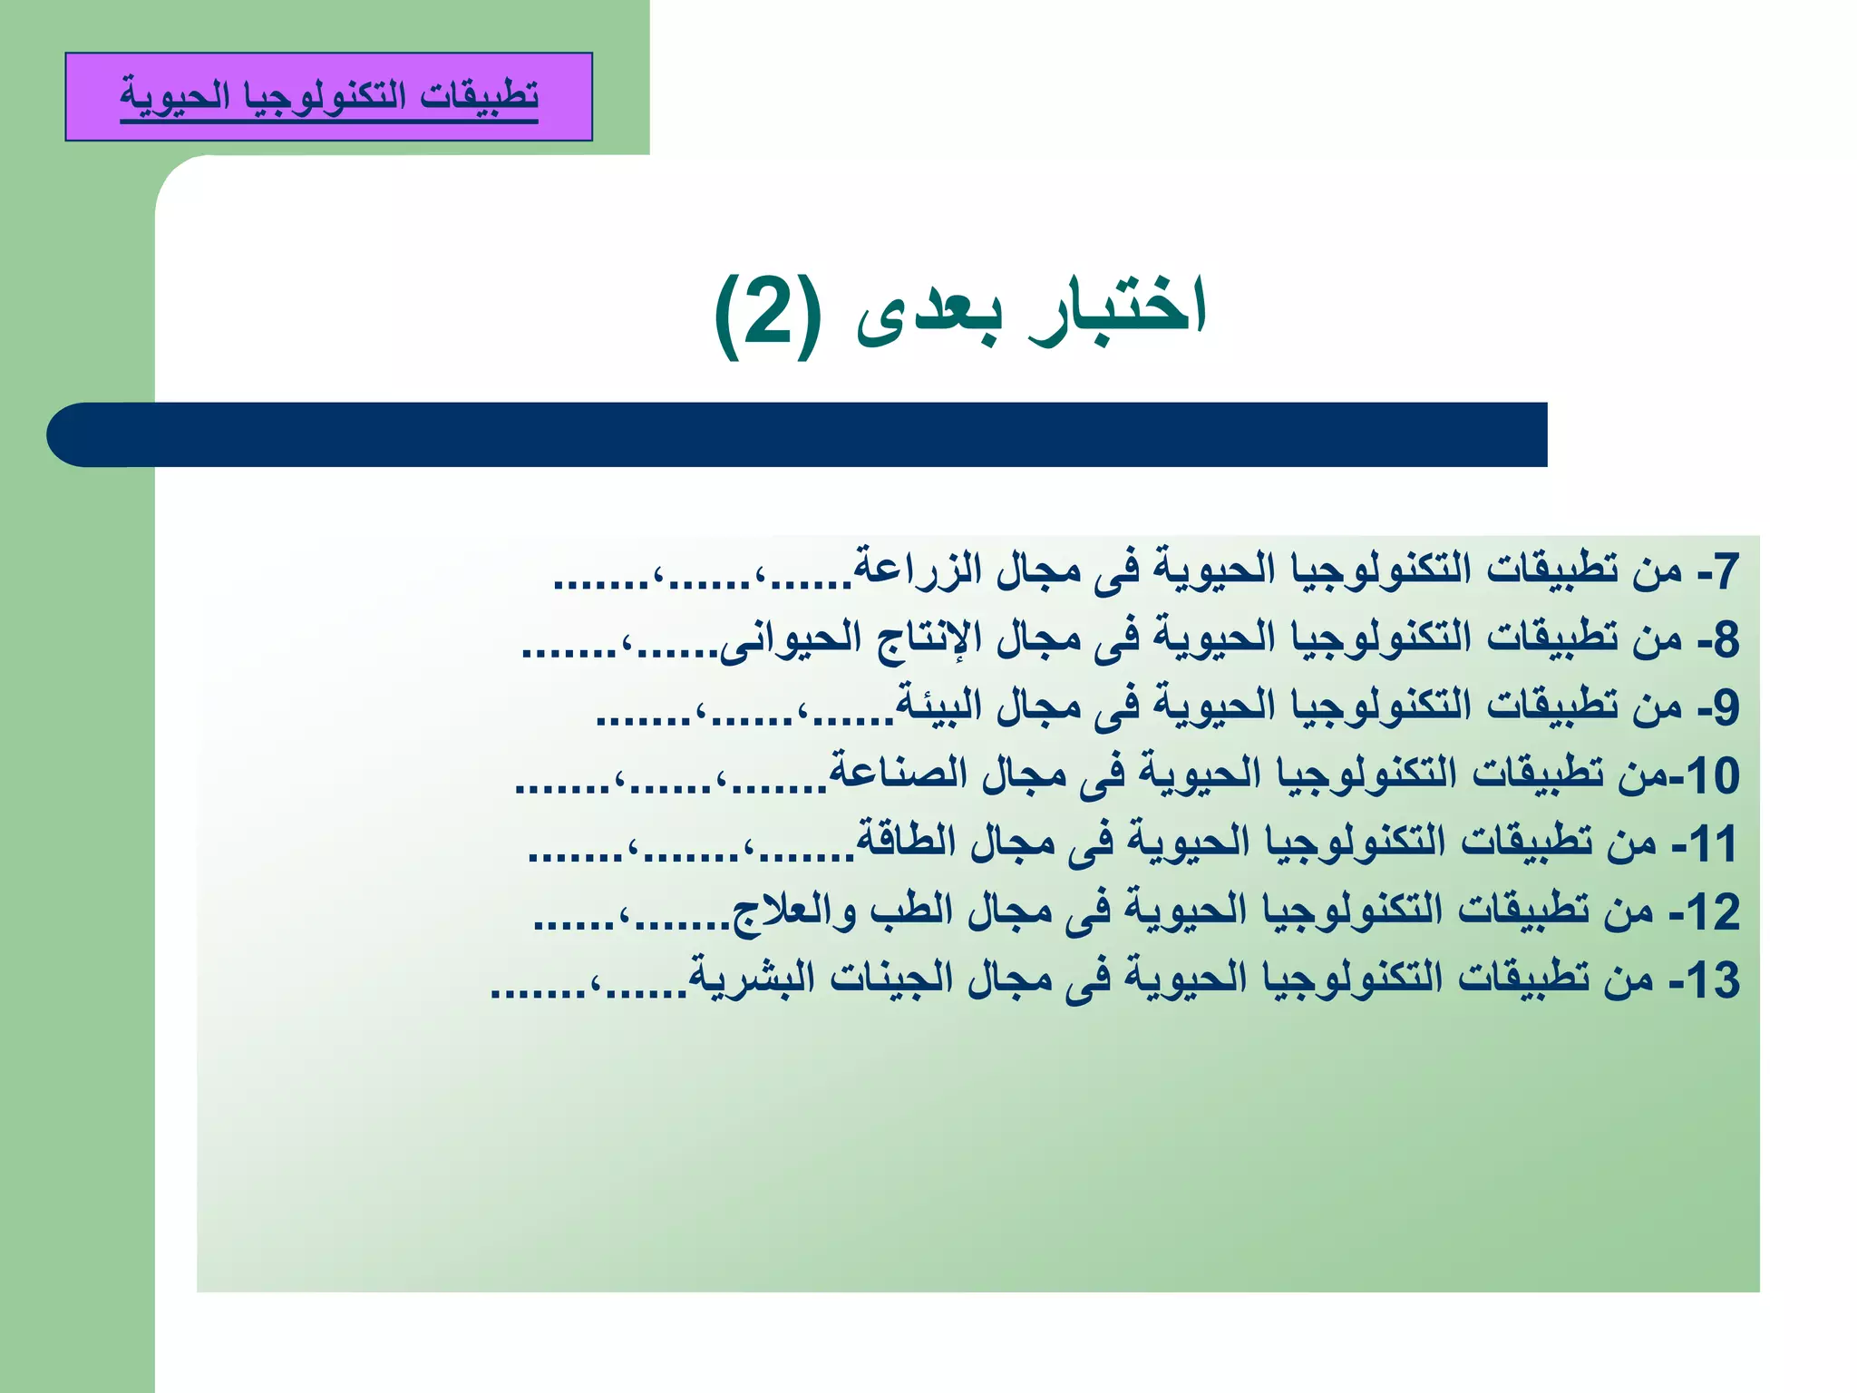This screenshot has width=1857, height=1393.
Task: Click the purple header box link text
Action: (x=329, y=95)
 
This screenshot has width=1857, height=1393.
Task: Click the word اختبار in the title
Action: (x=1118, y=308)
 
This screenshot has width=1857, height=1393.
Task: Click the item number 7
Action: (x=1726, y=571)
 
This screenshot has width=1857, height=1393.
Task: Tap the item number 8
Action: (x=1726, y=639)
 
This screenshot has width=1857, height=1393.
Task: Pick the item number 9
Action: (x=1726, y=707)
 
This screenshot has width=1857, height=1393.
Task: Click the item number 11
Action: (x=1713, y=843)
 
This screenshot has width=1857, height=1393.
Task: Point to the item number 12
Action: (x=1713, y=911)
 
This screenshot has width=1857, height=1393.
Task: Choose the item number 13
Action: (x=1713, y=979)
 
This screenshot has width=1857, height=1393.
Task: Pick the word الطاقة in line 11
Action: (x=906, y=839)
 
